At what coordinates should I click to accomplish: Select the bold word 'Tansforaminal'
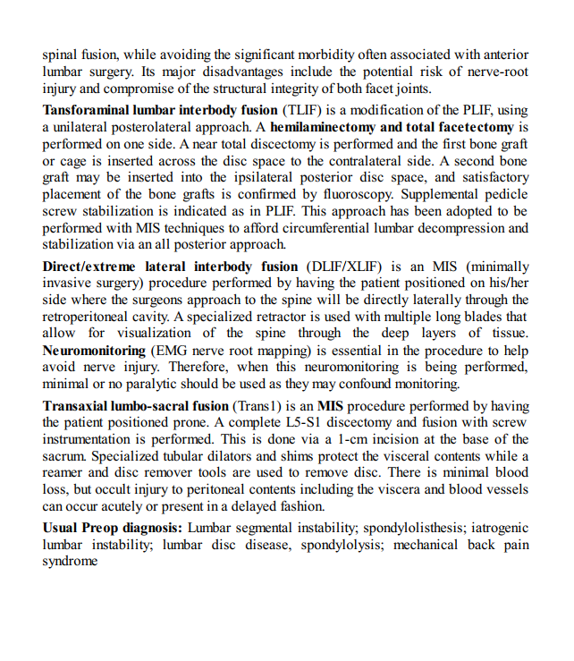pyautogui.click(x=87, y=110)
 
